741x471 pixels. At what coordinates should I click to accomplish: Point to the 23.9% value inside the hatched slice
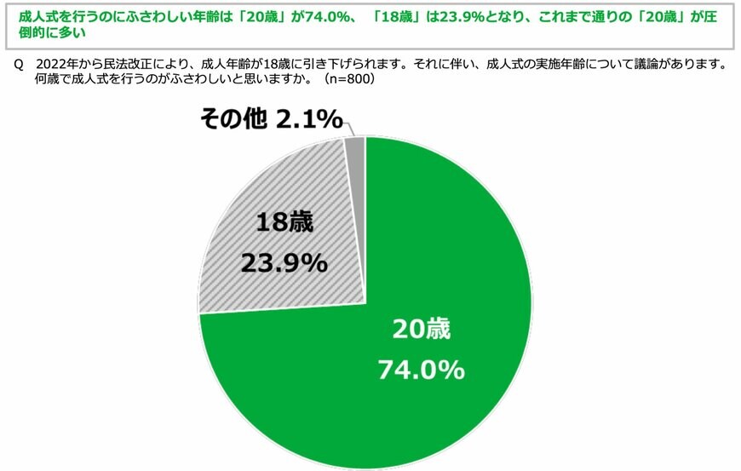pos(284,263)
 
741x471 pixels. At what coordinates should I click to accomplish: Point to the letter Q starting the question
pos(19,64)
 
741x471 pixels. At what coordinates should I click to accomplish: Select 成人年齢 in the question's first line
pos(222,64)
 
